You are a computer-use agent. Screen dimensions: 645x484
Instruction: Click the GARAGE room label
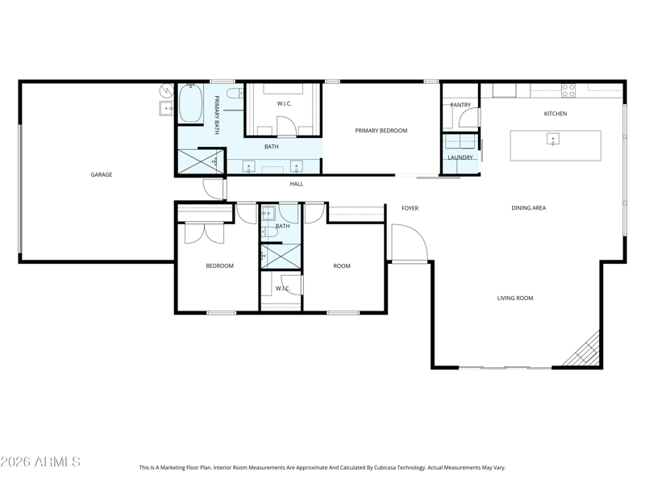click(102, 174)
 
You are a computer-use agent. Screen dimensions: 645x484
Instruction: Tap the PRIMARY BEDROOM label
click(381, 131)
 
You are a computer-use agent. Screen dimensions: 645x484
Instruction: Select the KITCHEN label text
click(556, 114)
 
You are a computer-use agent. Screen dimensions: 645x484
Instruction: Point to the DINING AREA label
click(529, 208)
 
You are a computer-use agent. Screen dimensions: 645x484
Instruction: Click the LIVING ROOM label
click(515, 298)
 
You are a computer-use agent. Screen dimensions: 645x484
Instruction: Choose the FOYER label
click(410, 208)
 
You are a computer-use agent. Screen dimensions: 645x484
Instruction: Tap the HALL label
click(296, 184)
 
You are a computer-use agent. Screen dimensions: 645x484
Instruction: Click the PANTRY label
click(460, 105)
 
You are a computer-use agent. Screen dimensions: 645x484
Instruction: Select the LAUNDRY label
click(460, 157)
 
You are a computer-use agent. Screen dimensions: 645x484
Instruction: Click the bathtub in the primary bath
click(191, 103)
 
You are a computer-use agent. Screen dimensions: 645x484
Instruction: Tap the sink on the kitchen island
click(553, 139)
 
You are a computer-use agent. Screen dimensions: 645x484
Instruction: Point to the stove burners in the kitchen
click(568, 90)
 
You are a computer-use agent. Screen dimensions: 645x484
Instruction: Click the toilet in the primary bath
click(235, 94)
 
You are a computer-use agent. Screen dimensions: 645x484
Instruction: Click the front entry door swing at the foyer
click(410, 243)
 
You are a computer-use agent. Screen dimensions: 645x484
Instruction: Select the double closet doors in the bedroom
click(205, 233)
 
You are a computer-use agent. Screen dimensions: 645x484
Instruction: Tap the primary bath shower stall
click(201, 161)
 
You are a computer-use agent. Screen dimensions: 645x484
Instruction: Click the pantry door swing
click(469, 118)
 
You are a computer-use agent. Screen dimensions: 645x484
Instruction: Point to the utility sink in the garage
click(167, 108)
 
